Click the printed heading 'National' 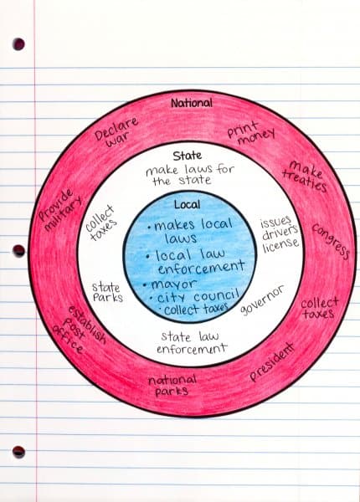[x=191, y=103]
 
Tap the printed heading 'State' [x=188, y=156]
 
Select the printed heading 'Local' [x=188, y=205]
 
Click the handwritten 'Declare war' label [x=116, y=132]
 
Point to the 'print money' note [x=251, y=132]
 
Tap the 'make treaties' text [x=305, y=176]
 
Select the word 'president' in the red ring [x=271, y=361]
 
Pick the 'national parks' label [x=172, y=386]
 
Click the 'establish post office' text [x=79, y=330]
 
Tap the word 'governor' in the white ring [x=262, y=300]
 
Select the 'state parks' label [x=108, y=292]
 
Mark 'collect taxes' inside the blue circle [x=194, y=309]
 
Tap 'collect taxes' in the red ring [x=319, y=308]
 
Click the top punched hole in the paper [x=18, y=44]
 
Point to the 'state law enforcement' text [x=192, y=342]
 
